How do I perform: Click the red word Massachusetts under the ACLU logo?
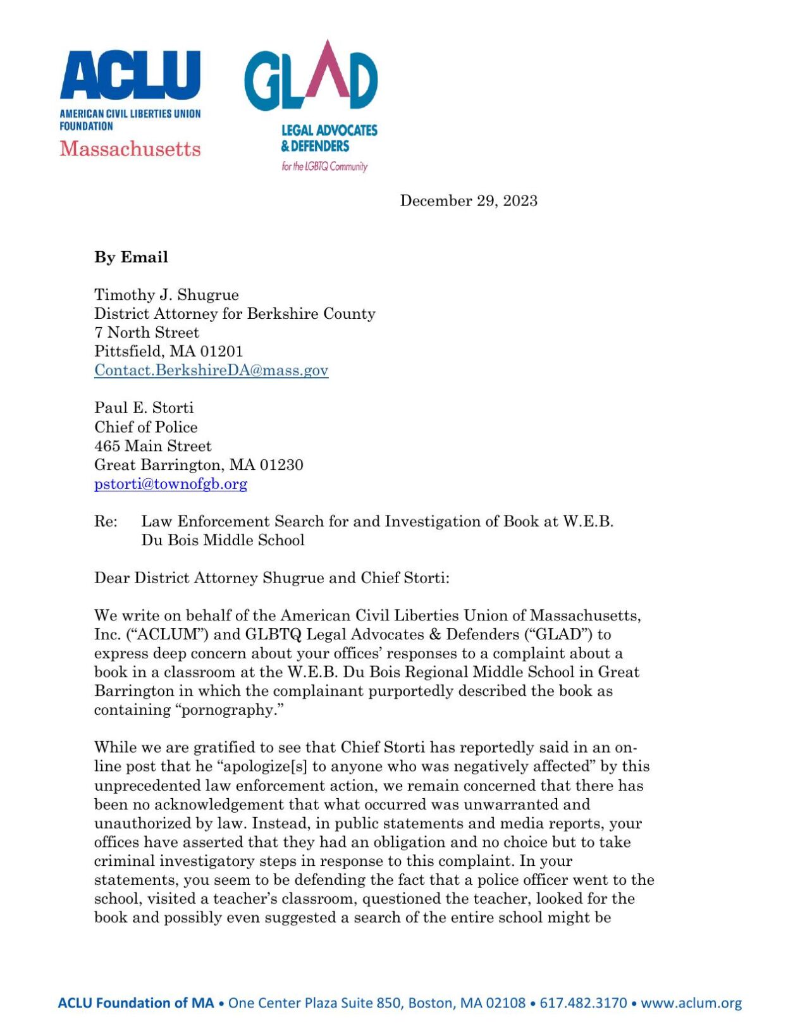click(x=130, y=149)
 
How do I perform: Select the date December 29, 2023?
click(x=468, y=201)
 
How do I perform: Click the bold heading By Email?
click(x=131, y=257)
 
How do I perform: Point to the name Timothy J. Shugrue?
click(x=166, y=295)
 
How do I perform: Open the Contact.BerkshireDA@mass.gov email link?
click(x=211, y=371)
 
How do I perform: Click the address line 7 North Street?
click(x=146, y=333)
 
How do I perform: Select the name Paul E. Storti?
click(x=144, y=408)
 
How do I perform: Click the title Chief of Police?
click(x=145, y=427)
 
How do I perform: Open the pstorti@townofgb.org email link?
click(x=170, y=484)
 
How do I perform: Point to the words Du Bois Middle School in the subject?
click(x=223, y=541)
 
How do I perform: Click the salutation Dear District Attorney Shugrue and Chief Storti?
click(x=271, y=578)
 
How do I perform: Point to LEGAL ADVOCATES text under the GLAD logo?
click(x=329, y=131)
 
